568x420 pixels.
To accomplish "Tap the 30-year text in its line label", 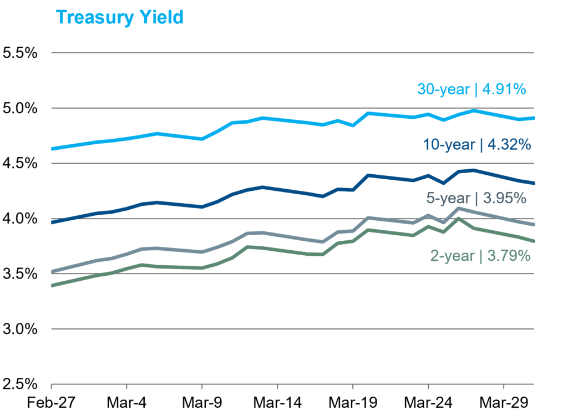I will click(443, 89).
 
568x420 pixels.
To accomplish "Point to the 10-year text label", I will click(449, 145).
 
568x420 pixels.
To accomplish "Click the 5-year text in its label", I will click(448, 198).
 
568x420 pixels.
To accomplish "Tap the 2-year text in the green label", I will click(453, 256).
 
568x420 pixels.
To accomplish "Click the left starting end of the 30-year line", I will click(52, 149).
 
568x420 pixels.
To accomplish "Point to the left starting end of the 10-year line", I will click(52, 222).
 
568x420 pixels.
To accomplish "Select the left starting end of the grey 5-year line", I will click(52, 272).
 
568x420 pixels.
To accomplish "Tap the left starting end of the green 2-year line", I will click(52, 285).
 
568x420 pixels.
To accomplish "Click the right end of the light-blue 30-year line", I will click(533, 118).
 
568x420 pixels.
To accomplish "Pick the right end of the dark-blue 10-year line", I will click(533, 183).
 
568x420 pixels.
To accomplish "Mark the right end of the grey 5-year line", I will click(533, 224).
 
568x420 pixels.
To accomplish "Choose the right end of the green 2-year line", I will click(533, 241).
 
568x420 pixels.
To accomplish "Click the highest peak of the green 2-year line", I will click(458, 219).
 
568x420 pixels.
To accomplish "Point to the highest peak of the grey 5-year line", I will click(458, 208).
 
